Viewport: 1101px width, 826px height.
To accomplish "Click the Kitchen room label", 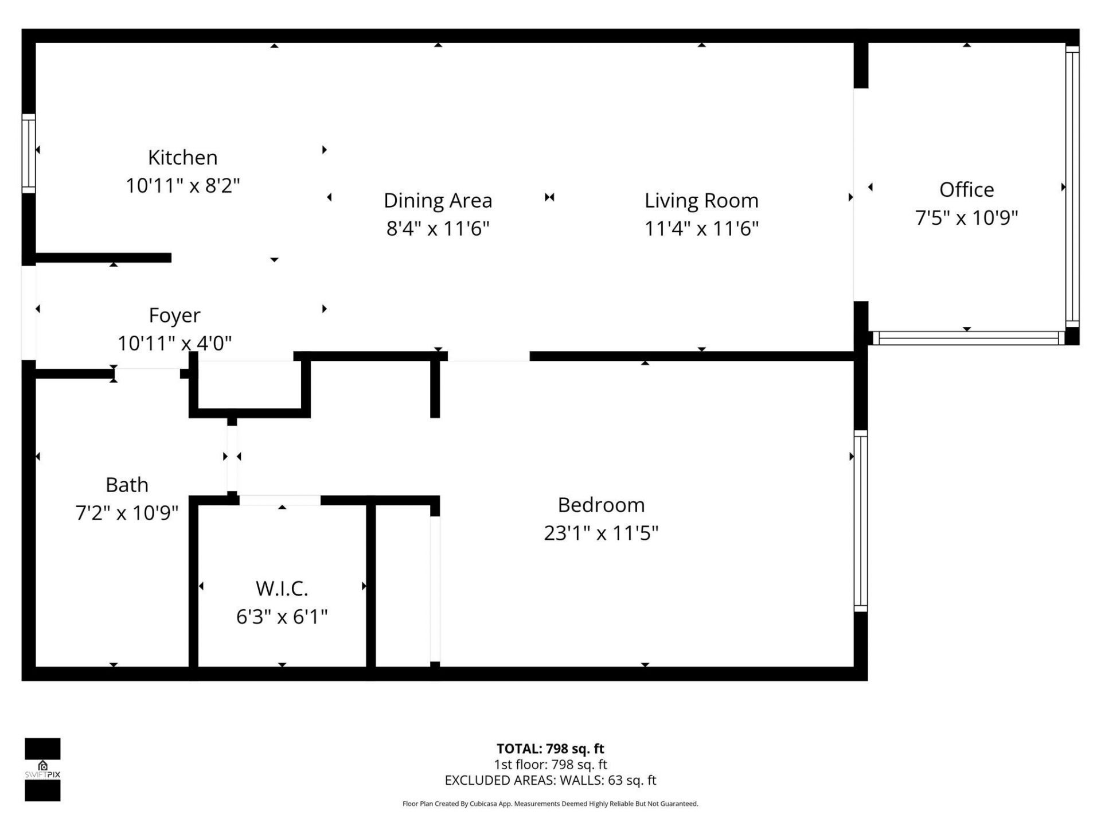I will (x=182, y=157).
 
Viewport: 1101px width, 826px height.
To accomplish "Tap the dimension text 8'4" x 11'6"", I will (x=438, y=229).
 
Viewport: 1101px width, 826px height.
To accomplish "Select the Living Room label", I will (x=701, y=201).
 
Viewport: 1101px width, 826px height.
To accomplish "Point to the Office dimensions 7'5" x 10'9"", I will (x=966, y=218).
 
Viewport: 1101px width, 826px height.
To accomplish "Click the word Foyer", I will (x=174, y=315).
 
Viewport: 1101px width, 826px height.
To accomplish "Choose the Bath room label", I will (x=127, y=485).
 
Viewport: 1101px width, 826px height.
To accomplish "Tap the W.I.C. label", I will (x=282, y=589).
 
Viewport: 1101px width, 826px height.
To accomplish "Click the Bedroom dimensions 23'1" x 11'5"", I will (x=600, y=533).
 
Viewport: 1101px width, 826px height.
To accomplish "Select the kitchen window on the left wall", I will (x=29, y=153).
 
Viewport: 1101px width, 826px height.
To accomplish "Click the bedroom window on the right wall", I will (x=860, y=521).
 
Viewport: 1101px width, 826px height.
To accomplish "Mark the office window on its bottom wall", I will (x=968, y=338).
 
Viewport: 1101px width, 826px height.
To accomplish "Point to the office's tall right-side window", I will (x=1072, y=186).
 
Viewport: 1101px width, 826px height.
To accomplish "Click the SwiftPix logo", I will (x=42, y=769).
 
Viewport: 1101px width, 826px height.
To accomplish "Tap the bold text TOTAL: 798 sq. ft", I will (x=550, y=749).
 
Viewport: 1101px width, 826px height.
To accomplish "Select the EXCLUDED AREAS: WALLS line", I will (x=550, y=780).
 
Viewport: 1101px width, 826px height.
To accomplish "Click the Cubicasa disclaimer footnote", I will (x=550, y=804).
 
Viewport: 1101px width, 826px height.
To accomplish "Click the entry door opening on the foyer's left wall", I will (x=29, y=313).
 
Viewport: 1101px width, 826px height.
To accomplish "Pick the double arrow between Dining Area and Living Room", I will (x=549, y=197).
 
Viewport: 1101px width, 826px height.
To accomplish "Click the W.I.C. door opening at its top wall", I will (x=280, y=500).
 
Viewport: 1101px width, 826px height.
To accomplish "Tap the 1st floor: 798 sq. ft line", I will (x=550, y=765).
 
